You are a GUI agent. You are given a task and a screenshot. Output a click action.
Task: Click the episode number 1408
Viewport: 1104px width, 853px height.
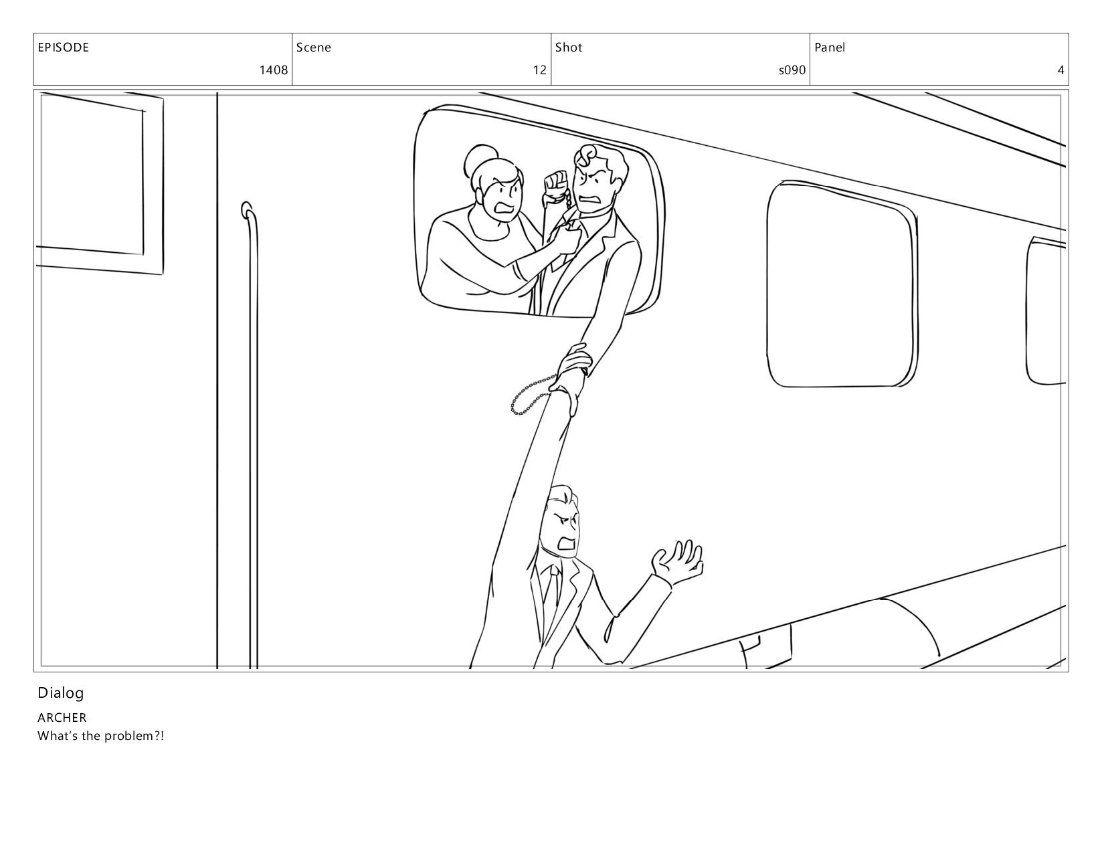click(274, 70)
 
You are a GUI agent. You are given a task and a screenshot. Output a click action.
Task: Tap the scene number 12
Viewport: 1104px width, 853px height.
click(539, 70)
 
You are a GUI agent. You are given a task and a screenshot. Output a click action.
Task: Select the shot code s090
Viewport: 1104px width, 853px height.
click(792, 70)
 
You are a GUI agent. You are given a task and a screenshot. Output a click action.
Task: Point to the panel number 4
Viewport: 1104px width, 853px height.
click(1061, 70)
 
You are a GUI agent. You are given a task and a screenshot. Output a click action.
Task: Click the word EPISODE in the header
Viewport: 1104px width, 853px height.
click(64, 48)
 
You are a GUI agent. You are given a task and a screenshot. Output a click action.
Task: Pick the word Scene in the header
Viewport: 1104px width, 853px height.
click(313, 48)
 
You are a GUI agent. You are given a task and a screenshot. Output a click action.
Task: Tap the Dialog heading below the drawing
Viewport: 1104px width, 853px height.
click(60, 694)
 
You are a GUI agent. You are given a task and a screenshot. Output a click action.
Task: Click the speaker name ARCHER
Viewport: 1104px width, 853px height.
click(62, 717)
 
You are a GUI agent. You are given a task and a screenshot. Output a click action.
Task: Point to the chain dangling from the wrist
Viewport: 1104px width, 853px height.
click(531, 395)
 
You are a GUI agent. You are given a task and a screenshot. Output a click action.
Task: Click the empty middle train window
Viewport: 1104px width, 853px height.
click(842, 284)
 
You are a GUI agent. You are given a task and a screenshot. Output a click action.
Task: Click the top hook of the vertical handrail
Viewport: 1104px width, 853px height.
click(246, 209)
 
